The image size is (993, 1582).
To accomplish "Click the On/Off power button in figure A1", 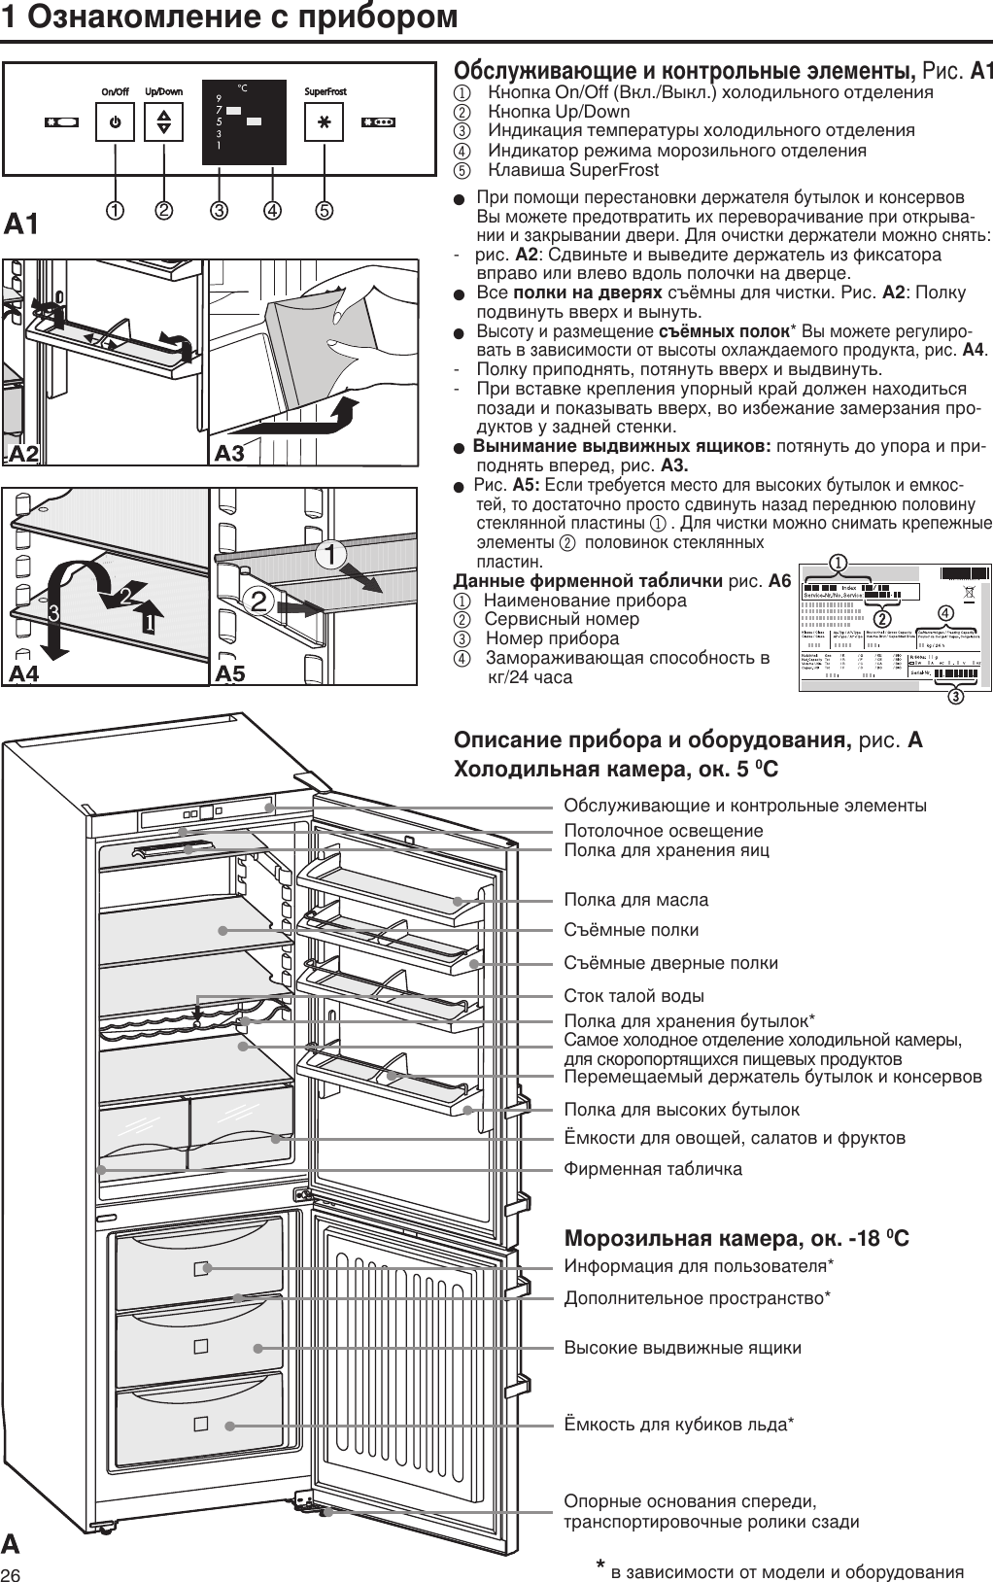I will pyautogui.click(x=115, y=123).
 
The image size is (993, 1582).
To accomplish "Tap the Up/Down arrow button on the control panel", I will pyautogui.click(x=163, y=123).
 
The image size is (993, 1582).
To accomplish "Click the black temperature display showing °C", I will pyautogui.click(x=243, y=121).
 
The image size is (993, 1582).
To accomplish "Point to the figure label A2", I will pyautogui.click(x=23, y=453).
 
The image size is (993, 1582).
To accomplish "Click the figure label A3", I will pyautogui.click(x=229, y=453).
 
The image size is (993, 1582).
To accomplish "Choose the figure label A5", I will pyautogui.click(x=229, y=672).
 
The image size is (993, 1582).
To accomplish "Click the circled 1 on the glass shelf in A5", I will pyautogui.click(x=332, y=555).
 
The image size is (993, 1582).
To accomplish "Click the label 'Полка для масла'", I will pyautogui.click(x=636, y=900).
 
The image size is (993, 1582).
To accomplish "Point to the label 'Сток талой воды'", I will pyautogui.click(x=634, y=996).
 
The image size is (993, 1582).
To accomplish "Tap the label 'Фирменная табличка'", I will pyautogui.click(x=653, y=1169).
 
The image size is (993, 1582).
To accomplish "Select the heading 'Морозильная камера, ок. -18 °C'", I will pyautogui.click(x=736, y=1239).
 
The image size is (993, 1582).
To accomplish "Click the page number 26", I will pyautogui.click(x=13, y=1573).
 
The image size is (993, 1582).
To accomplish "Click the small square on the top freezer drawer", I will pyautogui.click(x=201, y=1269).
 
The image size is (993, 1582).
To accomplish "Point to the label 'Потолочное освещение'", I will pyautogui.click(x=664, y=831).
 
